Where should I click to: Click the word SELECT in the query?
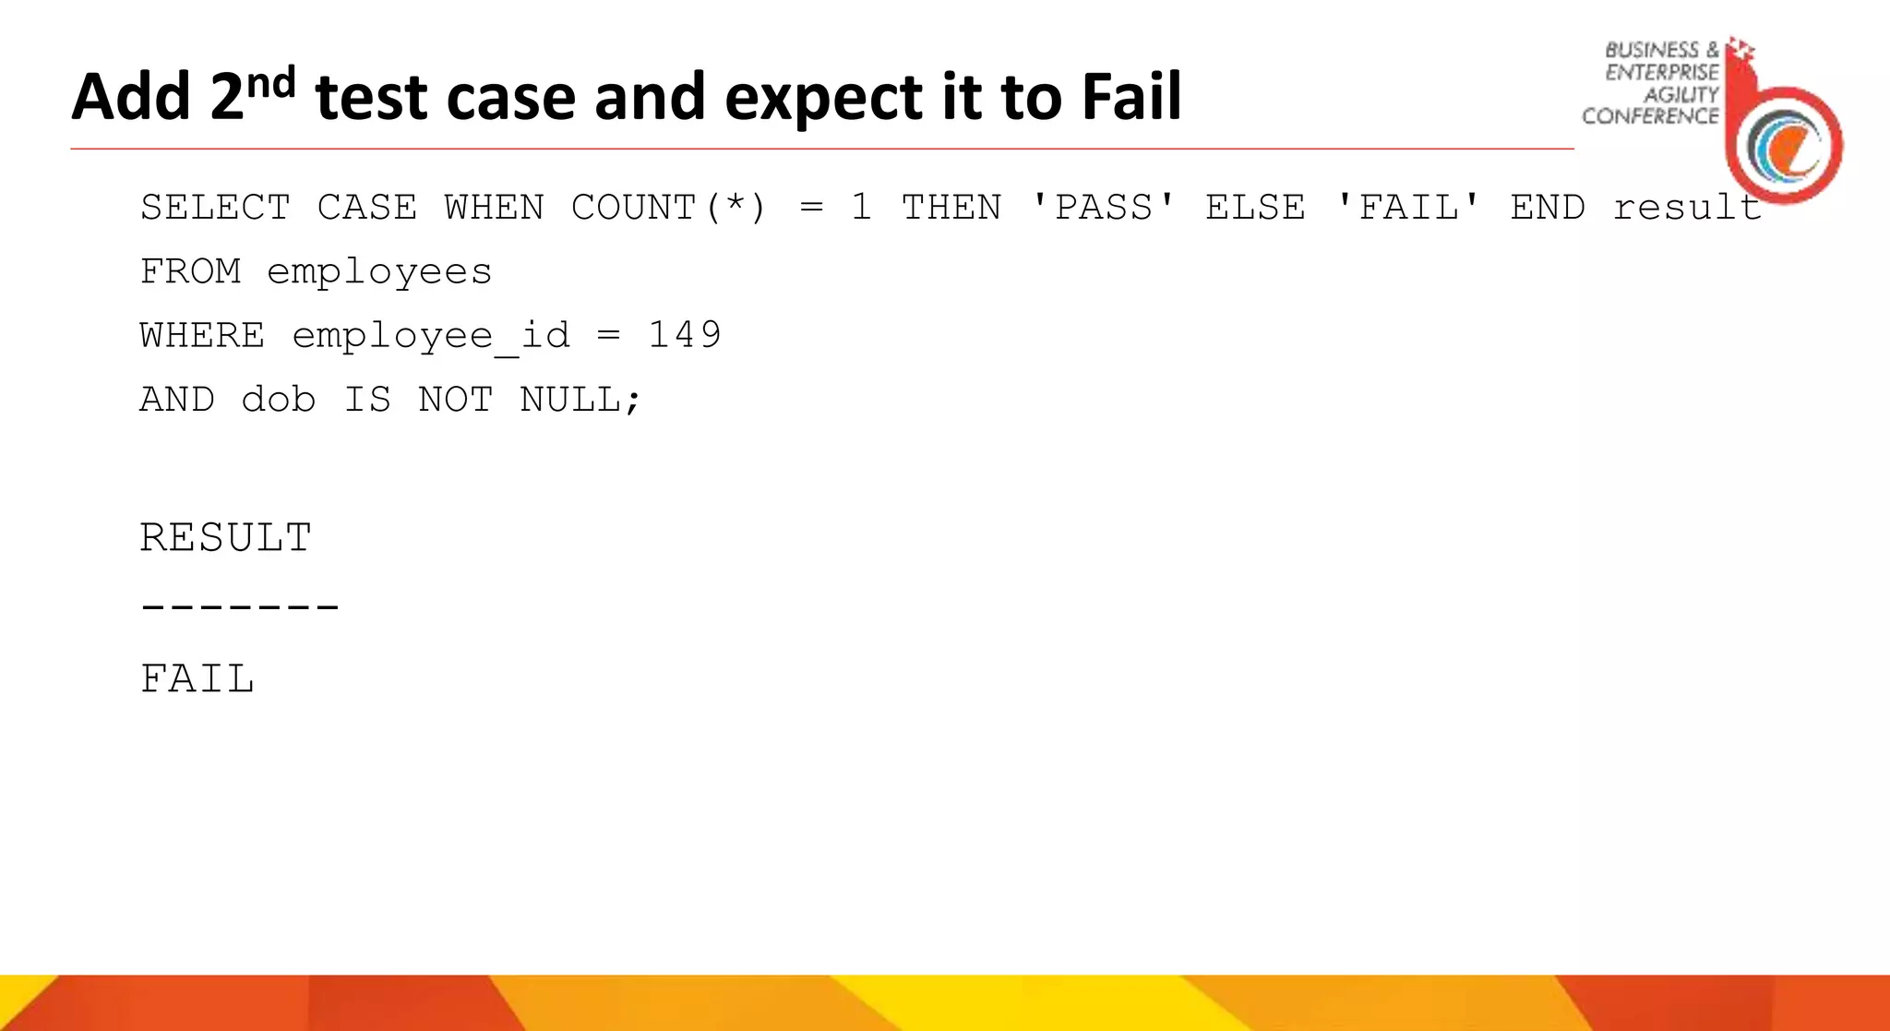[x=215, y=208]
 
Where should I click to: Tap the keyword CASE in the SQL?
[x=366, y=208]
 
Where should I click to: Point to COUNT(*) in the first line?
[x=669, y=208]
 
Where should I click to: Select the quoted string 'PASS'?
[x=1103, y=208]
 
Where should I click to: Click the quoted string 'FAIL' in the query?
[x=1408, y=208]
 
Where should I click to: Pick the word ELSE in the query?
[x=1255, y=208]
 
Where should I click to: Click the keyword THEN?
[x=951, y=208]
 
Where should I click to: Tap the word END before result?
[x=1548, y=208]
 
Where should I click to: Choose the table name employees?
[x=379, y=272]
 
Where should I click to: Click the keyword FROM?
[x=190, y=272]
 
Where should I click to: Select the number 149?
[x=684, y=335]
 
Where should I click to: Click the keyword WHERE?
[x=202, y=335]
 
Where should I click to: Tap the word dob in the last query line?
[x=278, y=400]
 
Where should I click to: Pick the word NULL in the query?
[x=570, y=400]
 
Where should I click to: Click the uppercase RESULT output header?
[x=226, y=538]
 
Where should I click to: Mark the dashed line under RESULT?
[x=240, y=607]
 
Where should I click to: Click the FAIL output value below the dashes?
[x=197, y=679]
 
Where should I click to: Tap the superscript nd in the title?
[x=271, y=83]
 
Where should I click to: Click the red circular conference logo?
[x=1785, y=143]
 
